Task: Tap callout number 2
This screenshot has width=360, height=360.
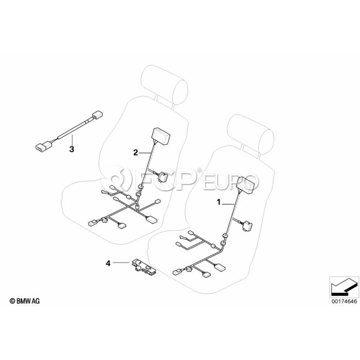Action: pos(136,152)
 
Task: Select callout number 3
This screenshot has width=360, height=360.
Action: pos(72,149)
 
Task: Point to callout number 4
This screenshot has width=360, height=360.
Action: pos(108,263)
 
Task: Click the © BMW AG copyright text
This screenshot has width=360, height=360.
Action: pos(25,301)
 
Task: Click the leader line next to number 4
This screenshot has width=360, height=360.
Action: pos(120,263)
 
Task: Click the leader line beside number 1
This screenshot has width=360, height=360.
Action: pos(228,204)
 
